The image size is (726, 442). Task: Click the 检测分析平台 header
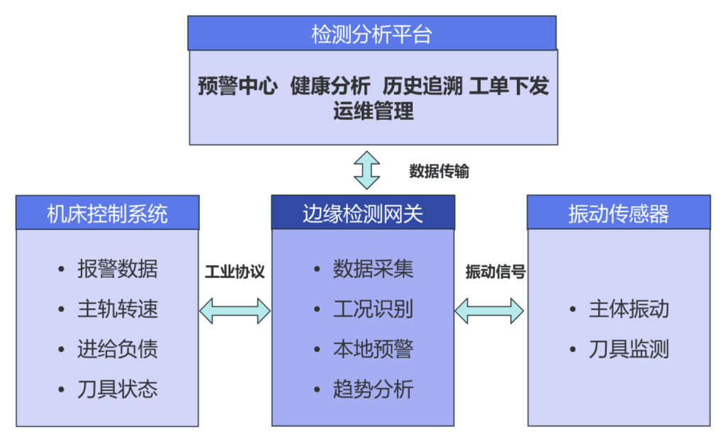click(x=372, y=33)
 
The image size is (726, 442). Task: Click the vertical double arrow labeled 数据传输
click(x=367, y=170)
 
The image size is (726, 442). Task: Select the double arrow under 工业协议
click(x=235, y=310)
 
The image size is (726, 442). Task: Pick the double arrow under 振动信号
click(x=490, y=310)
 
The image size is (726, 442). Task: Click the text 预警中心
click(x=238, y=87)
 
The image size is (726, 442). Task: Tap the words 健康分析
click(x=330, y=87)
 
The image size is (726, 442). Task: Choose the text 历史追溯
click(x=423, y=87)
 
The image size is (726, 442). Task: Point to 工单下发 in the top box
click(x=509, y=87)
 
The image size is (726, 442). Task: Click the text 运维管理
click(x=373, y=111)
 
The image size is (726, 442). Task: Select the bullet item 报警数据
click(x=117, y=270)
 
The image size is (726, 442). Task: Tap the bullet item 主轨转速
click(x=117, y=309)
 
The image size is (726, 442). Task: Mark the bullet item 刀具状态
click(x=117, y=389)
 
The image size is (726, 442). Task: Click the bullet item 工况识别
click(x=373, y=309)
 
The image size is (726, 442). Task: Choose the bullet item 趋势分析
click(x=373, y=389)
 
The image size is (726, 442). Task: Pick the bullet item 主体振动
click(x=628, y=309)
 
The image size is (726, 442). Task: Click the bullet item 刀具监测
click(x=628, y=349)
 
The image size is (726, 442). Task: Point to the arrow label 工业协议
click(x=235, y=272)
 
